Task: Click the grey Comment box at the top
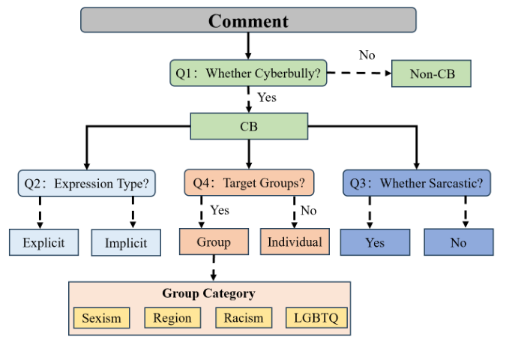[248, 20]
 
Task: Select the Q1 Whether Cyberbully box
[248, 73]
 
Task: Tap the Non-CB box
[433, 73]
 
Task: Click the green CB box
[248, 127]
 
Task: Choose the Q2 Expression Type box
[87, 183]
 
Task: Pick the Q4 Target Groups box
[249, 183]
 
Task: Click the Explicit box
[43, 242]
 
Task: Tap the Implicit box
[126, 242]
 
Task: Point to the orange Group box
[214, 242]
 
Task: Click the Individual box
[295, 242]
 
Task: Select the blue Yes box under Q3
[375, 242]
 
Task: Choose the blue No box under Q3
[458, 242]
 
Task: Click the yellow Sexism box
[101, 317]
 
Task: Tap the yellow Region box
[172, 317]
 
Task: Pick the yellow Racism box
[244, 317]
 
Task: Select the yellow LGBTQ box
[316, 317]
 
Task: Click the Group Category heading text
[208, 293]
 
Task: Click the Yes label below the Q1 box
[267, 97]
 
